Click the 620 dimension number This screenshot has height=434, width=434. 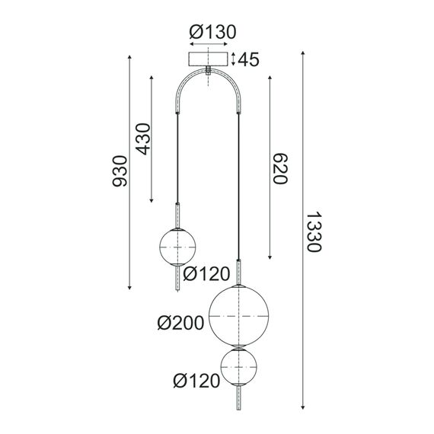point(278,169)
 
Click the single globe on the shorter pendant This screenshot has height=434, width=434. point(178,245)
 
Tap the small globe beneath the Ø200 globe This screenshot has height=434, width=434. point(239,369)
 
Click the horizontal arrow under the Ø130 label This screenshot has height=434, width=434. point(208,44)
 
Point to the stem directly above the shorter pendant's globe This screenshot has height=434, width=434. point(178,215)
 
